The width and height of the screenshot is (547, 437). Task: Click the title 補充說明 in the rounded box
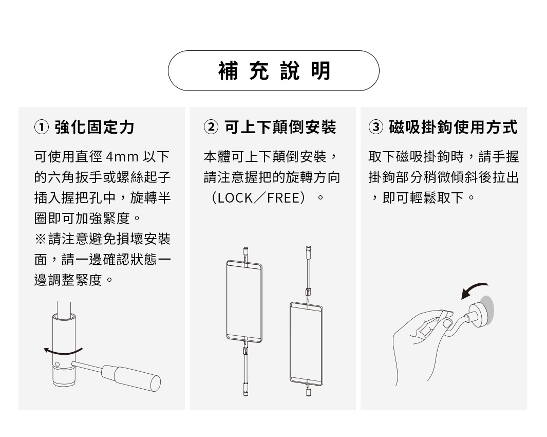(274, 71)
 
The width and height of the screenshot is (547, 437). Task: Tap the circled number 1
(42, 127)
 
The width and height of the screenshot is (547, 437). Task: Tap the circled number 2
(211, 127)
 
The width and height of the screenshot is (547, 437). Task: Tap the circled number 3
(376, 127)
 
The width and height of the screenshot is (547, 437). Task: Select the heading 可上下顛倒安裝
(280, 127)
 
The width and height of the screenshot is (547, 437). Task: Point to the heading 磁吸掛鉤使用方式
(453, 127)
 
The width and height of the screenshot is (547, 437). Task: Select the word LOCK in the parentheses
(235, 198)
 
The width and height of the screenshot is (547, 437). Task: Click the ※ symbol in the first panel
(40, 239)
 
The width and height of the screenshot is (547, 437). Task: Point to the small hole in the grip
(57, 365)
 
